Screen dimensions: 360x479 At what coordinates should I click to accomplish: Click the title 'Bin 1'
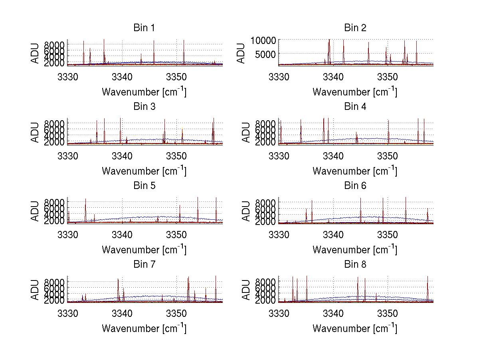[x=144, y=28]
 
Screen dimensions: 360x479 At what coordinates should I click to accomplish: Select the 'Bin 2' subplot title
[x=355, y=28]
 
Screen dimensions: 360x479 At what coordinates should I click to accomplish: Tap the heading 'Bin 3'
[x=144, y=107]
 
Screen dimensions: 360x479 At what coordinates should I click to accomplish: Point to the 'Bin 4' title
[x=355, y=107]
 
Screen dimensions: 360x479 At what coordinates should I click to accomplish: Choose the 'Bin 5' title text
[x=144, y=185]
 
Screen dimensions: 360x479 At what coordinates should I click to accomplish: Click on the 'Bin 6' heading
[x=355, y=185]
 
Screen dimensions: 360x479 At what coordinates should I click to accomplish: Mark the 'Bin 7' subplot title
[x=144, y=264]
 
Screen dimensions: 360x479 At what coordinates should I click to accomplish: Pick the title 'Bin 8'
[x=355, y=264]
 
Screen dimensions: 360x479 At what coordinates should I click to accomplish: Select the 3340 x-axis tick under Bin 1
[x=122, y=77]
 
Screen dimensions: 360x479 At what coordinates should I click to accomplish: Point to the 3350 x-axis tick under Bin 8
[x=387, y=313]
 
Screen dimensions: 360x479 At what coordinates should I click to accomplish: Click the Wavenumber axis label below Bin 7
[x=144, y=328]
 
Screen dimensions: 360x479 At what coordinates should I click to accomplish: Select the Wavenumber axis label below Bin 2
[x=355, y=92]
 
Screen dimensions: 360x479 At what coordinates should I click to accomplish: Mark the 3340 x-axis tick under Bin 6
[x=333, y=235]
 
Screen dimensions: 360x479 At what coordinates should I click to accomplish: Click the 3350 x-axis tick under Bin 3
[x=176, y=156]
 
